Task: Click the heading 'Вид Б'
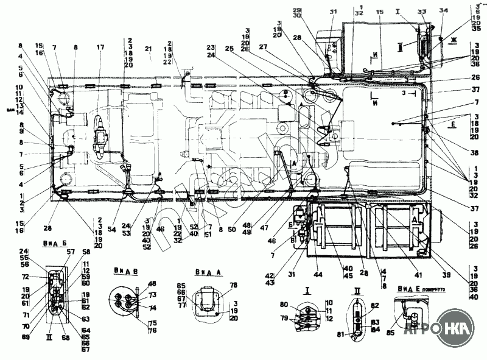coord(55,242)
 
